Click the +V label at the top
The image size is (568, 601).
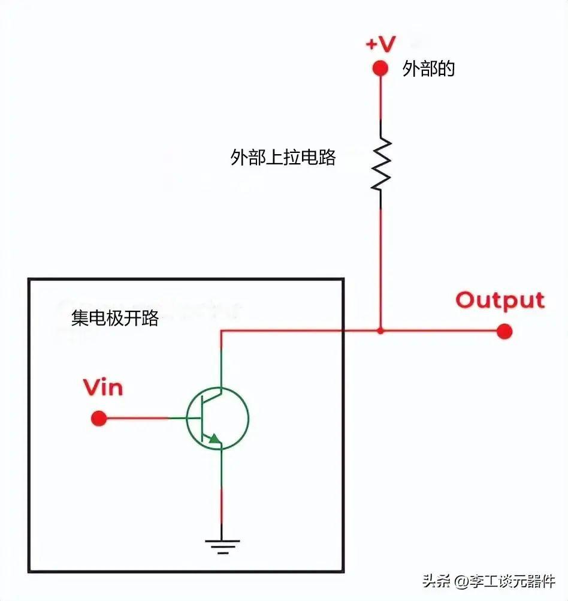(380, 44)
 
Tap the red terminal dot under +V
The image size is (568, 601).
(380, 68)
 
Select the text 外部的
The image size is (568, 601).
(428, 69)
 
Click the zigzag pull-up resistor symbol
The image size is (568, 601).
(381, 164)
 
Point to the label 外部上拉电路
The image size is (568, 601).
(283, 157)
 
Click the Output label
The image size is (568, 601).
(500, 300)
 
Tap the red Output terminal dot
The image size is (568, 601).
(504, 331)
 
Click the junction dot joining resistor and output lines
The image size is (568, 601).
(380, 330)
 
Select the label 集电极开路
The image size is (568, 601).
(115, 318)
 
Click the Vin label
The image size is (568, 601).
(103, 387)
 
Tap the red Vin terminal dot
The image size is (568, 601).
(99, 418)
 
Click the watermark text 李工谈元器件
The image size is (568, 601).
(513, 581)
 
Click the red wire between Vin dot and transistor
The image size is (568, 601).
(137, 418)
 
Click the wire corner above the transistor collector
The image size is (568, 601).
(221, 330)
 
